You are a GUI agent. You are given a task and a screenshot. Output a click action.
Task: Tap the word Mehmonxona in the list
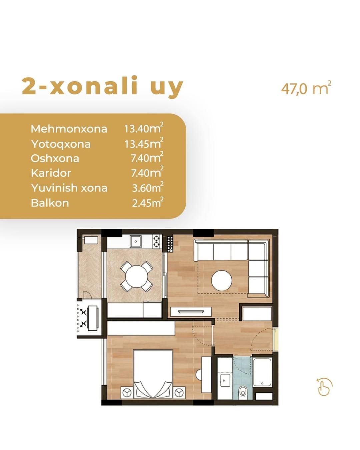point(69,129)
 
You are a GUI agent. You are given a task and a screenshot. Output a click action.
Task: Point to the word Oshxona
point(55,158)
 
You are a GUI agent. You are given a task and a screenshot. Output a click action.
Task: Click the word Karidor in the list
point(51,173)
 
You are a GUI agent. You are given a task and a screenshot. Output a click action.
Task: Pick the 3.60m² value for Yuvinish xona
point(148,187)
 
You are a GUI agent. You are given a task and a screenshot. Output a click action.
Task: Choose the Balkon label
point(50,203)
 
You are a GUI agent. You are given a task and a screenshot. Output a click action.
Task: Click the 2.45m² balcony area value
point(148,202)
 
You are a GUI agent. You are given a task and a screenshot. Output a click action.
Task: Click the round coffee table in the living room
point(222,280)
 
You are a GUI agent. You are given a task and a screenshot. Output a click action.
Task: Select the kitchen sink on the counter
point(136,242)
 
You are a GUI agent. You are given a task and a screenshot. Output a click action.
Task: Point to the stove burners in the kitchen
point(157,241)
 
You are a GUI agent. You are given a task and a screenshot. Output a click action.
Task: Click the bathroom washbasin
point(225,380)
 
